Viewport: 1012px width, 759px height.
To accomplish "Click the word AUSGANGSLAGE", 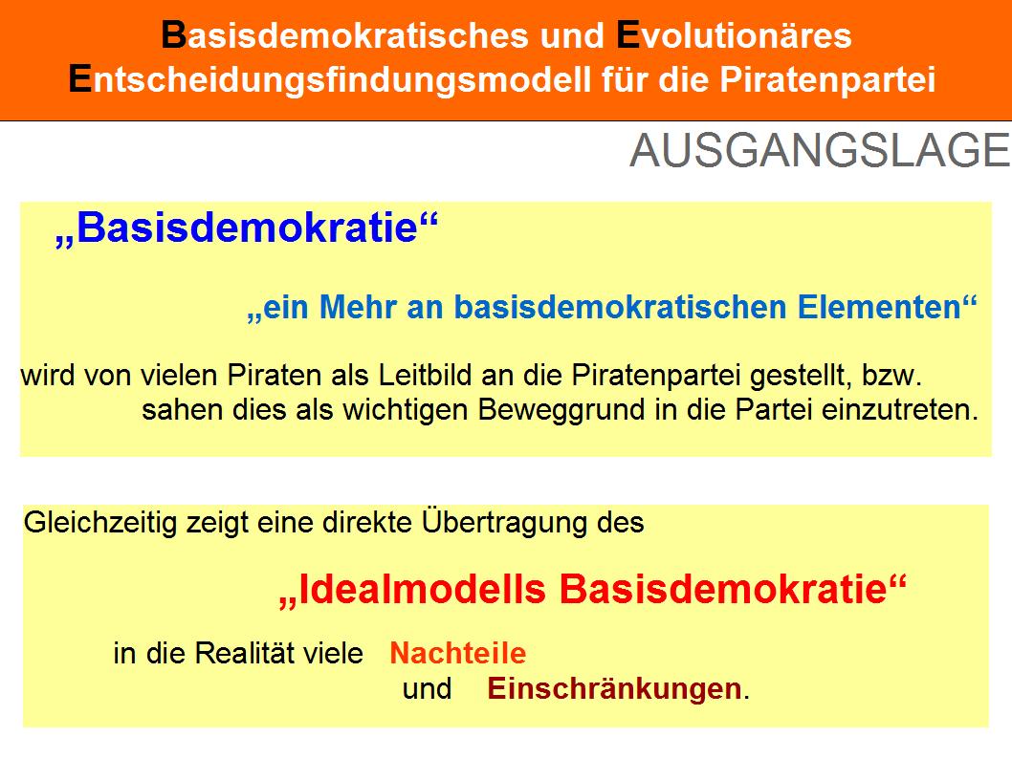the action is [820, 151].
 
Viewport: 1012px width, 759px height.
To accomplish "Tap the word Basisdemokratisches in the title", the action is [344, 35].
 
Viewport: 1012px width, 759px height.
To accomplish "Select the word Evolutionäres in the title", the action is [734, 35].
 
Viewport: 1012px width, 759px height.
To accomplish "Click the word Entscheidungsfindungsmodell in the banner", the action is [330, 80].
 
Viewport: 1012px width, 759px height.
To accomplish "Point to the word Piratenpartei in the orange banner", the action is [827, 80].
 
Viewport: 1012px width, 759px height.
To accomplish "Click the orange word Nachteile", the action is [457, 653].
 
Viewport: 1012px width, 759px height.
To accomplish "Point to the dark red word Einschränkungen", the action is [614, 688].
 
